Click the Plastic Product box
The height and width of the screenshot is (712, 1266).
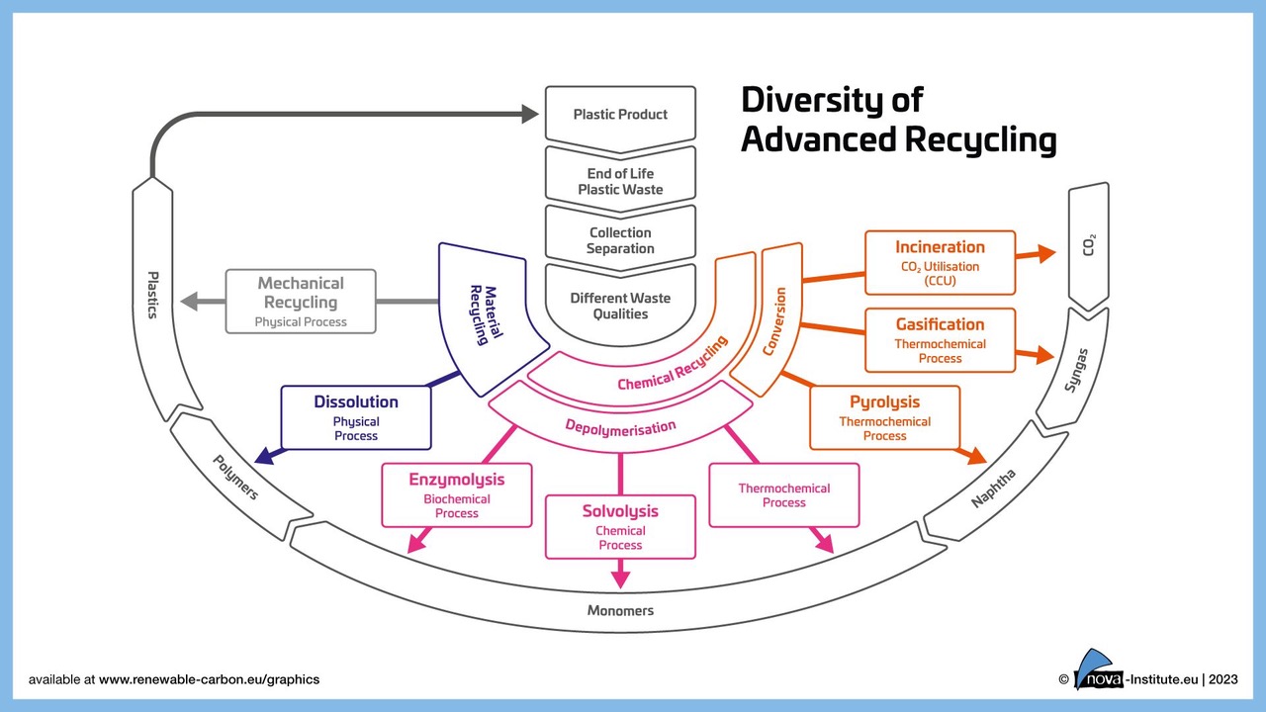click(x=620, y=115)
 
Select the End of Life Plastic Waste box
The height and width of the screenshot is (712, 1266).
click(x=620, y=181)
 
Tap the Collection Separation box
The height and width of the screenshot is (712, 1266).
click(x=620, y=240)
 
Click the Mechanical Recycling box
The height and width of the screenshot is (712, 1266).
click(x=301, y=301)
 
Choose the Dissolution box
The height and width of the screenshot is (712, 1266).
click(x=356, y=417)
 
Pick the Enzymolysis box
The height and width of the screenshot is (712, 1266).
click(x=456, y=494)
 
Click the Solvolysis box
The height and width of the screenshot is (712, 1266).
click(x=620, y=526)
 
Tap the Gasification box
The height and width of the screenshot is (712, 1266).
click(x=940, y=339)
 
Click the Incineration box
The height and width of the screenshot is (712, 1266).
click(x=940, y=262)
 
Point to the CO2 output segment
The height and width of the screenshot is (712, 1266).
click(x=1088, y=245)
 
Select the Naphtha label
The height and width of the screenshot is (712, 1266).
click(x=993, y=489)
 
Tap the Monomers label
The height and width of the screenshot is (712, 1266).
click(x=620, y=610)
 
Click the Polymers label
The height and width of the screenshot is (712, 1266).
click(x=236, y=476)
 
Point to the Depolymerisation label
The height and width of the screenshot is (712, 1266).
click(x=620, y=427)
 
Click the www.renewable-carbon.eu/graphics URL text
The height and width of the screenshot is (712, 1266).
click(x=209, y=679)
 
